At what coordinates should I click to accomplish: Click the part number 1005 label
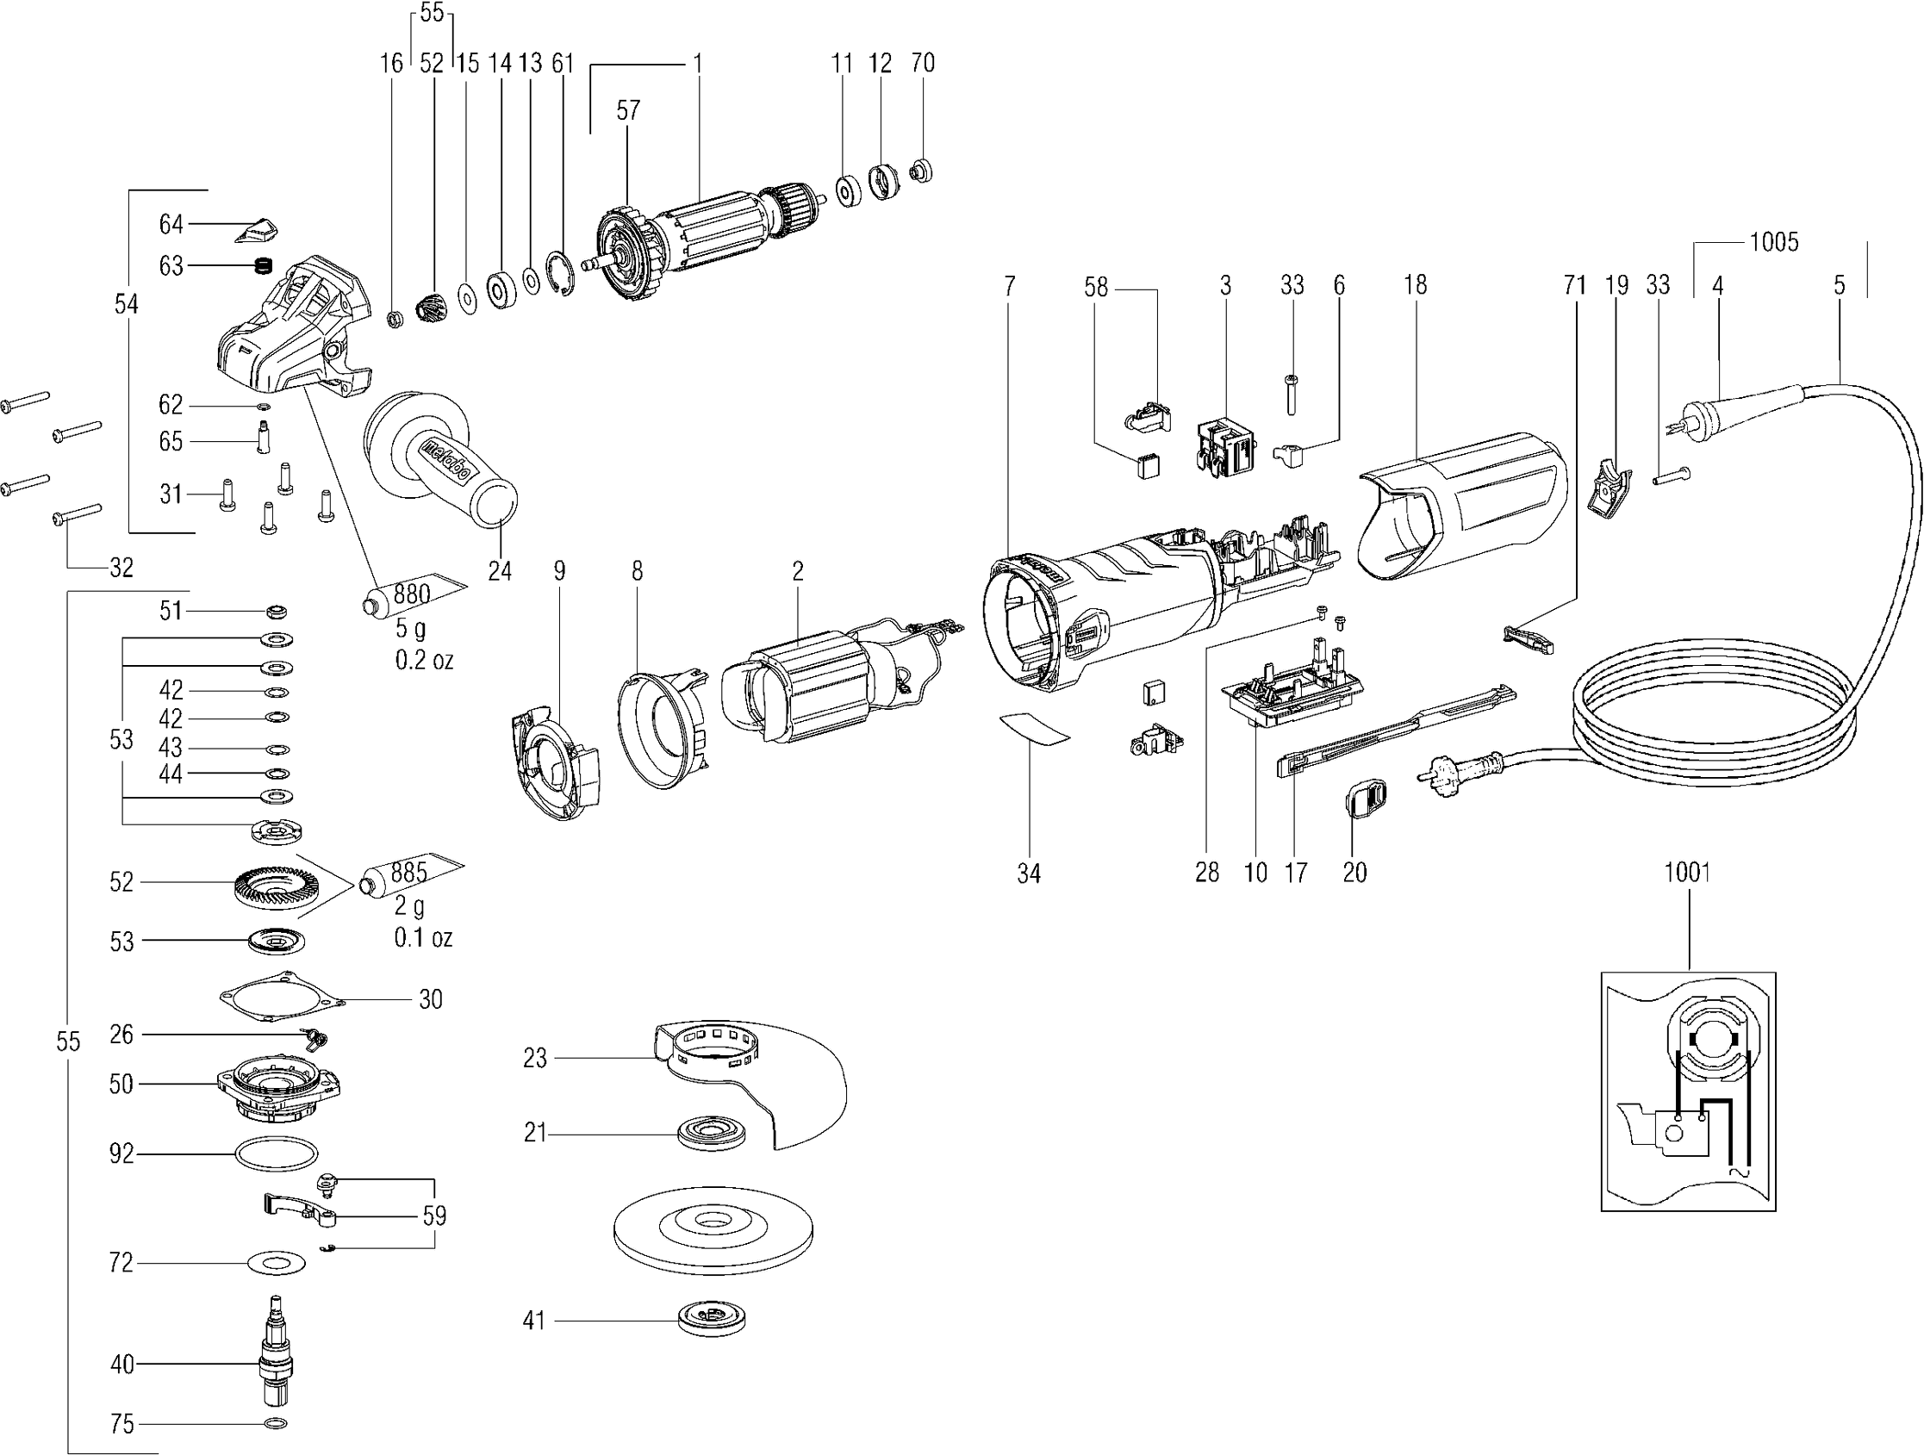click(1773, 242)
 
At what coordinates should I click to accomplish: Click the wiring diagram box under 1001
click(1687, 1091)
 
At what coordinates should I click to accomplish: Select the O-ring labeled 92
click(275, 1155)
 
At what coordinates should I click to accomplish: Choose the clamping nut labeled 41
click(712, 1321)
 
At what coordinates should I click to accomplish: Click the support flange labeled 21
click(713, 1134)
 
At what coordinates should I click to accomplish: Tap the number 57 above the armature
click(628, 110)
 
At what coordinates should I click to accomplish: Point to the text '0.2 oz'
click(424, 661)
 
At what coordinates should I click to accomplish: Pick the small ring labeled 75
click(275, 1424)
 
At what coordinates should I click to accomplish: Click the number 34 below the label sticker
click(1028, 874)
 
